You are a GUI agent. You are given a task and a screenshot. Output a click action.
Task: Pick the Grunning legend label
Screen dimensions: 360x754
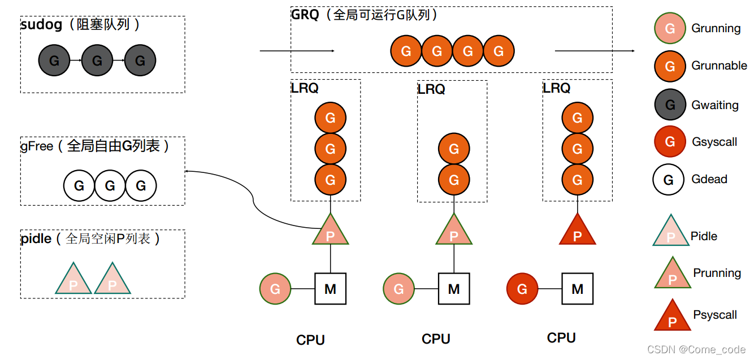tap(716, 28)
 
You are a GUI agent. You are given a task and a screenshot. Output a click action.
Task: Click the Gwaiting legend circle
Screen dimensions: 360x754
tap(670, 105)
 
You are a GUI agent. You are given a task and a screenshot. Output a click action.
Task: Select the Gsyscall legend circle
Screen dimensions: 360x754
tap(670, 142)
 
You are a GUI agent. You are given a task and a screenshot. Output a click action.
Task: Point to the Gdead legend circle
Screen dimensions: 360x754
tap(669, 180)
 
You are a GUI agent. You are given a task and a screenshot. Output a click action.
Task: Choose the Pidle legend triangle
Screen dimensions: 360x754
tap(671, 232)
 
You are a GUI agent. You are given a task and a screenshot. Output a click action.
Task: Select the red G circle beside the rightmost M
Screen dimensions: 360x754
tap(522, 289)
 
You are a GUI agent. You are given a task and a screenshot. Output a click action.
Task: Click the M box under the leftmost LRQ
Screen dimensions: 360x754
tap(330, 289)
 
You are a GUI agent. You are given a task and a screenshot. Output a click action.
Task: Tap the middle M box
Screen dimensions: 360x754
tap(453, 289)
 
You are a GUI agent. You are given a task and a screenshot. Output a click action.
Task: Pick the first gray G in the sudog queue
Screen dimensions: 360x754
tap(54, 60)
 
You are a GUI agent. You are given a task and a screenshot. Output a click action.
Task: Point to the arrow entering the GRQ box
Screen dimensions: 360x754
tap(297, 51)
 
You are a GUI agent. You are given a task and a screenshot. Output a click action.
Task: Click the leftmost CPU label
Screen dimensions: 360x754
tap(310, 340)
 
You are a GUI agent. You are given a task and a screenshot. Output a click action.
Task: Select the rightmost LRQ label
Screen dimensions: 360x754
tap(557, 88)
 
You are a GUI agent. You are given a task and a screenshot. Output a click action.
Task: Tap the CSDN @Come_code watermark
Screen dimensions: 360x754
tap(696, 350)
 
